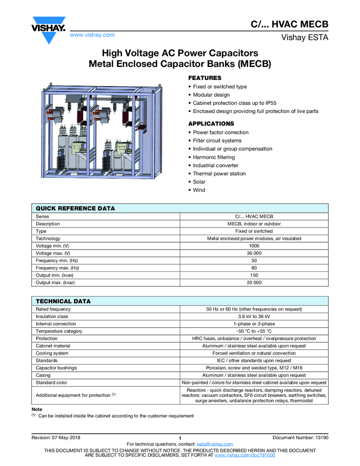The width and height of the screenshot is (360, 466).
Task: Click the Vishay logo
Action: coord(49,30)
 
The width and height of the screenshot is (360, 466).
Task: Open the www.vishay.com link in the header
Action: coord(92,35)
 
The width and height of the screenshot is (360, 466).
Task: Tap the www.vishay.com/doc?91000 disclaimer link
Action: coord(244,455)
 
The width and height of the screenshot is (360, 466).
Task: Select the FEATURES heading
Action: coord(204,78)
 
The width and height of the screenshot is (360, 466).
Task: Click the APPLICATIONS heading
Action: coord(211,123)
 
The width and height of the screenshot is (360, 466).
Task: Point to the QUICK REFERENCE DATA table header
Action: coord(75,208)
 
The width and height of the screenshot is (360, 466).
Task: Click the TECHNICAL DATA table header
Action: coord(63,301)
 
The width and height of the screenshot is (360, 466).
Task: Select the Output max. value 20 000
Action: coord(254,282)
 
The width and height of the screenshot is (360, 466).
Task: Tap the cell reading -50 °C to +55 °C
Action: coord(254,331)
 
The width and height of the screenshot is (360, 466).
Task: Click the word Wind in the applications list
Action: coord(199,190)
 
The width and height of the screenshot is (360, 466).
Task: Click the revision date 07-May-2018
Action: coord(66,436)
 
